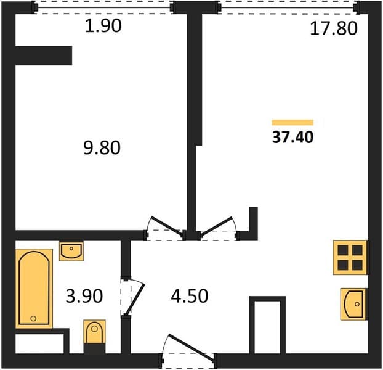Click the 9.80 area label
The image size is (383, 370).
[x=102, y=148]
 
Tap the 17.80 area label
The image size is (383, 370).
[x=334, y=28]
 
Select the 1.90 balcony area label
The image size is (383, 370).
[x=103, y=26]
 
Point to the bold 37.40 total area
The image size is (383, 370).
[x=292, y=137]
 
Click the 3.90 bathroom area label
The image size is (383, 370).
[x=84, y=296]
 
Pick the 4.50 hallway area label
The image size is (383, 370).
[x=189, y=296]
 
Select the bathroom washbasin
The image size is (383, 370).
[x=71, y=251]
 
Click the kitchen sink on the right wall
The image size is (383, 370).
[x=354, y=304]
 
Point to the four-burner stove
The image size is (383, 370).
[x=350, y=257]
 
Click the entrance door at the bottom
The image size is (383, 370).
[x=188, y=353]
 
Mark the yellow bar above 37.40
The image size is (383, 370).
[x=292, y=122]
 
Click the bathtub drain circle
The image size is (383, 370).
[x=33, y=318]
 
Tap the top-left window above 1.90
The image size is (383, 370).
[x=103, y=7]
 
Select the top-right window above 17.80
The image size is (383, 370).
[x=288, y=7]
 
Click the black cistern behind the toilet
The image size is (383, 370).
[x=95, y=348]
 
